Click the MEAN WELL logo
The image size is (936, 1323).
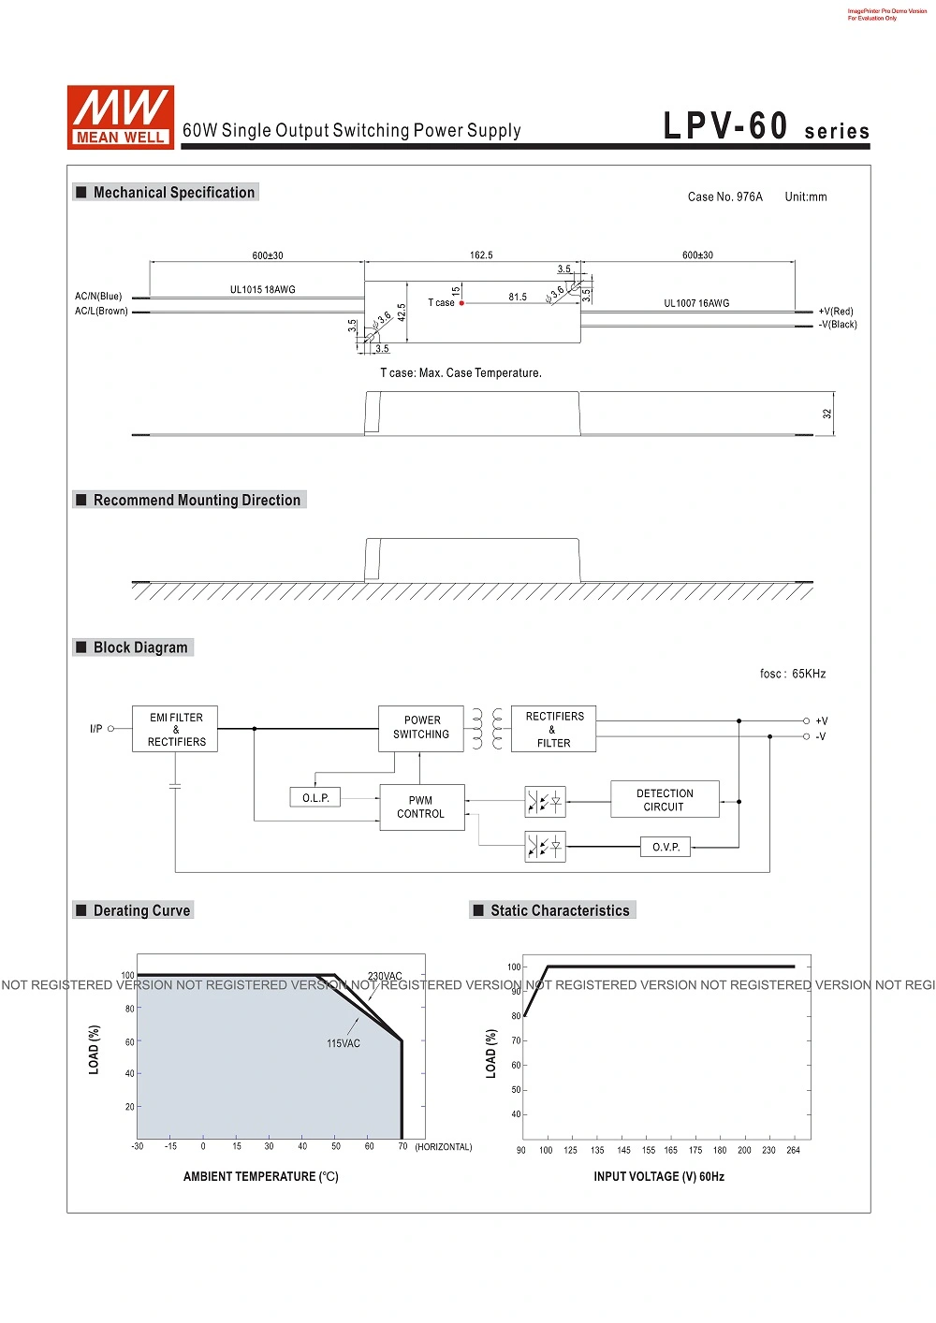pos(121,117)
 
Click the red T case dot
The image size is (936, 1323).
pos(461,303)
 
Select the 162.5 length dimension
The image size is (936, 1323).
pos(481,255)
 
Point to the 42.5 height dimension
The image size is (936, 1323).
pos(402,313)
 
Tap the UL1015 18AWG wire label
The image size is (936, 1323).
pos(262,289)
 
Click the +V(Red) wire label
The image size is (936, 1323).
pos(836,312)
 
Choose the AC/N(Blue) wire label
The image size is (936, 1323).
pos(98,296)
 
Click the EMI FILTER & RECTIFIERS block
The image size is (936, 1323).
pos(175,729)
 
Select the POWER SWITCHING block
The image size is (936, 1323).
pos(420,728)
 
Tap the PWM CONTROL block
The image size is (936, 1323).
pos(422,807)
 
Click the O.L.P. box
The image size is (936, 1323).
pos(314,797)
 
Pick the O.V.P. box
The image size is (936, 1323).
pos(665,847)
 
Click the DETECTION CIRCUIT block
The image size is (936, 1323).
pos(665,800)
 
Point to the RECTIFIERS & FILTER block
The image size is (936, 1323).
pos(553,729)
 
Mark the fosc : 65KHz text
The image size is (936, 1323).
pos(793,674)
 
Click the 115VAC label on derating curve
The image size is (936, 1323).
pos(344,1043)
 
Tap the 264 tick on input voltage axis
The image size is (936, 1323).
pos(793,1150)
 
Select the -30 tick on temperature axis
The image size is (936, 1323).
pos(137,1146)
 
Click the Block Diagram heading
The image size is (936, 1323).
pos(140,647)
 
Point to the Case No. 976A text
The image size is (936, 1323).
pos(725,196)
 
